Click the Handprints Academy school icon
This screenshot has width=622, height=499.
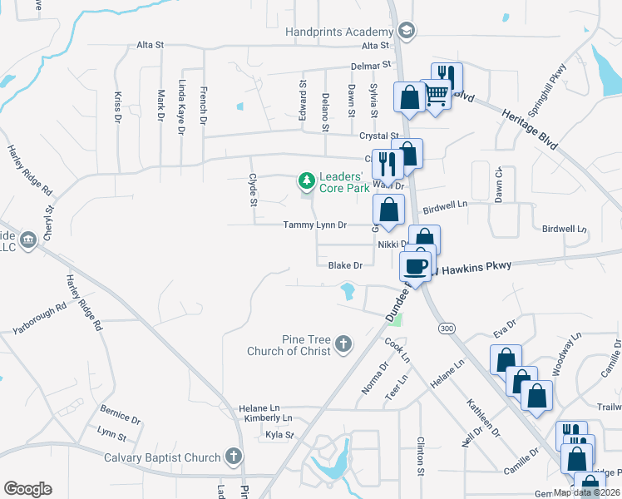pyautogui.click(x=407, y=32)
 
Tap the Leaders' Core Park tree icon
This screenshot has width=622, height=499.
pyautogui.click(x=307, y=180)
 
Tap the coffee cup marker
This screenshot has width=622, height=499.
pyautogui.click(x=416, y=266)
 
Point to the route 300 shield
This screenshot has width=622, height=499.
pyautogui.click(x=447, y=329)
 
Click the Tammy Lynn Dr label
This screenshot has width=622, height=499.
pyautogui.click(x=313, y=225)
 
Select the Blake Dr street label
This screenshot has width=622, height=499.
pyautogui.click(x=345, y=265)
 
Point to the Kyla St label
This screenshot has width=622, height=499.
pyautogui.click(x=279, y=435)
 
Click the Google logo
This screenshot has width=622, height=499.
pyautogui.click(x=27, y=489)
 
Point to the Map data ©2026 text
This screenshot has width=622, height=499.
pyautogui.click(x=586, y=492)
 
